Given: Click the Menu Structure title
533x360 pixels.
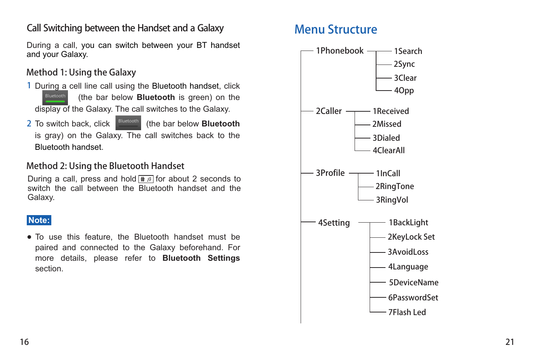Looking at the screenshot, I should pos(336,29).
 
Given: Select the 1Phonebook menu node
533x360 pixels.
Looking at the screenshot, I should pos(339,51).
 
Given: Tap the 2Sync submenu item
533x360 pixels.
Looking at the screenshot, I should pos(404,64).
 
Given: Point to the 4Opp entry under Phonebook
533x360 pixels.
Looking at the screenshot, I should pos(404,91).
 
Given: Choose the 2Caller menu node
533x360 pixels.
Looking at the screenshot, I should pos(329,111).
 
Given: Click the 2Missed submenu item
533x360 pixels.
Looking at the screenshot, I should pos(387,124).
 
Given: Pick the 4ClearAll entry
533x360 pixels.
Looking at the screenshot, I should pos(389,151).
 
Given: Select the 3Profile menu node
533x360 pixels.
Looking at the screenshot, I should pos(330,173).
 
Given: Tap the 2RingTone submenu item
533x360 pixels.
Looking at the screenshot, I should pos(395,186).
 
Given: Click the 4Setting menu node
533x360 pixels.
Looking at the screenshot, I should pos(334,223).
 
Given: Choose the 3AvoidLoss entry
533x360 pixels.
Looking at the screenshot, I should pos(408,252).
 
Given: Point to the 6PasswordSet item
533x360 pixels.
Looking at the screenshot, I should pos(413,298).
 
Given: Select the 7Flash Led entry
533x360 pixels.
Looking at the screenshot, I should pos(407,312).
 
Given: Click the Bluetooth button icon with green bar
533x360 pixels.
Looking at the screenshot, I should pos(55,97).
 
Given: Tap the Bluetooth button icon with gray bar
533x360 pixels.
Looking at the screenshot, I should pos(128,123).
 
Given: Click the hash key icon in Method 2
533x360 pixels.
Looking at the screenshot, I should pos(146,179).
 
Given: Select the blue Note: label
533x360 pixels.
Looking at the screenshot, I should pos(39,220).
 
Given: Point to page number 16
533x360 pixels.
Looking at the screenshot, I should pos(25,342).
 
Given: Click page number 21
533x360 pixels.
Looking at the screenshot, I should pos(510,342).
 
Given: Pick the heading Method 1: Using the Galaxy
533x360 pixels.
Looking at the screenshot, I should pos(81,72).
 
